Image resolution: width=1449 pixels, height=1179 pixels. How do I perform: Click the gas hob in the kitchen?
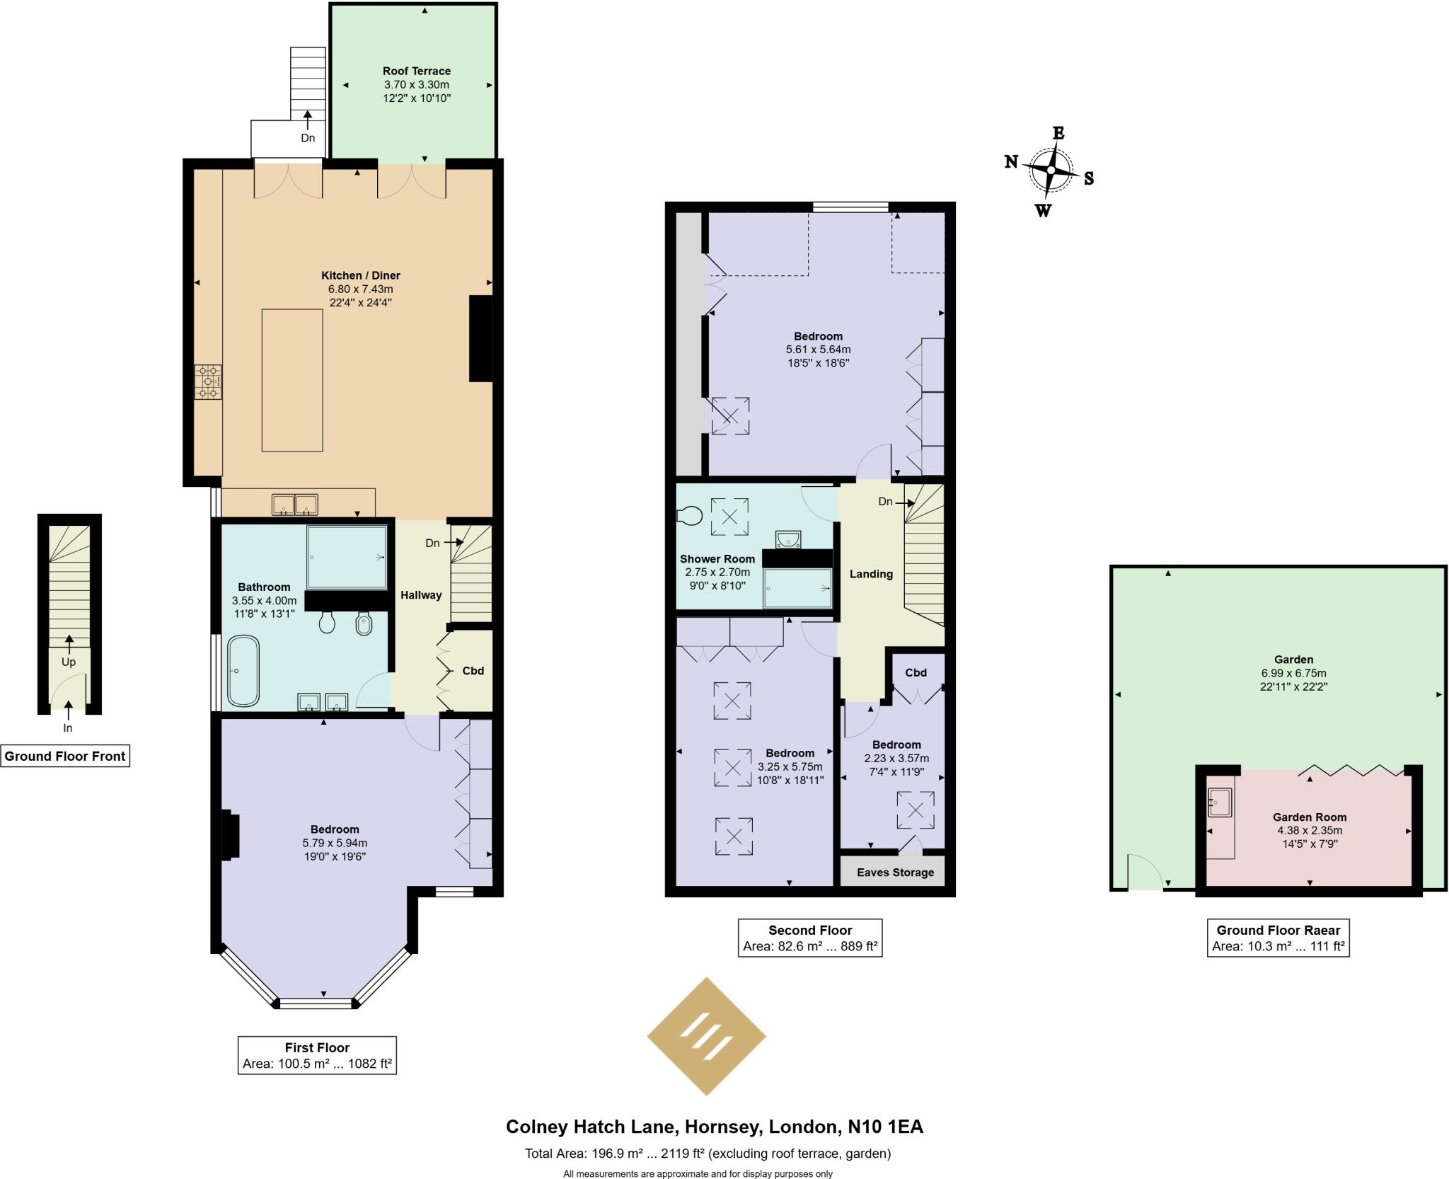(x=208, y=382)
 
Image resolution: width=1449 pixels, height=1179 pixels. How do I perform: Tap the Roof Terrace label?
(x=416, y=71)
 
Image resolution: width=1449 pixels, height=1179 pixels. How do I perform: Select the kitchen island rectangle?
(x=292, y=380)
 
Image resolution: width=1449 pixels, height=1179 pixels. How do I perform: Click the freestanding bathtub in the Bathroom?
(x=243, y=671)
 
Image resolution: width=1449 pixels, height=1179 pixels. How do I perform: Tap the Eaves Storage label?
(x=895, y=873)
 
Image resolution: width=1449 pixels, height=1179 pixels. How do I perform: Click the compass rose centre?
(x=1051, y=171)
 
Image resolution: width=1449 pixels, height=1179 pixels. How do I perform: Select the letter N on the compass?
(x=1011, y=162)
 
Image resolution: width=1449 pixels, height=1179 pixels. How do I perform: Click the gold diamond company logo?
(x=706, y=1036)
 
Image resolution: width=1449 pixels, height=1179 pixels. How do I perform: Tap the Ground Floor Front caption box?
(x=65, y=756)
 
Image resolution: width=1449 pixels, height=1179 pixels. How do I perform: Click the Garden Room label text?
(x=1310, y=817)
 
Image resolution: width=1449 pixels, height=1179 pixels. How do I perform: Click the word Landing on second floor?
(x=871, y=574)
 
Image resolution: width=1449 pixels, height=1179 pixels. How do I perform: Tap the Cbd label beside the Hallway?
(x=473, y=670)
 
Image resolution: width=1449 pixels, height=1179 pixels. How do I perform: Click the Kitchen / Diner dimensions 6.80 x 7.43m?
(x=360, y=289)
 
